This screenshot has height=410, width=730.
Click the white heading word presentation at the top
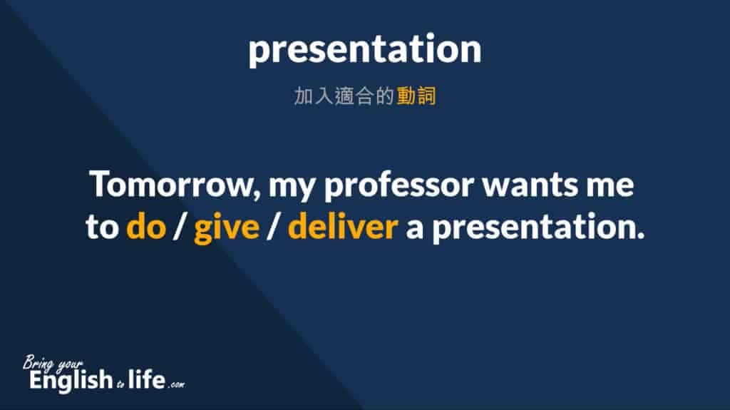[364, 51]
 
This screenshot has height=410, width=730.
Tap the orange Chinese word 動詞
[416, 97]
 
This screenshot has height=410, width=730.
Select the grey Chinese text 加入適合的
[344, 97]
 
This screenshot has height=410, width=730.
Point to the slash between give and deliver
[271, 228]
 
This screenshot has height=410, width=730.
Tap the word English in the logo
[66, 379]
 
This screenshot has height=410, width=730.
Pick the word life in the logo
[145, 379]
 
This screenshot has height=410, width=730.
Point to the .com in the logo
[176, 384]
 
